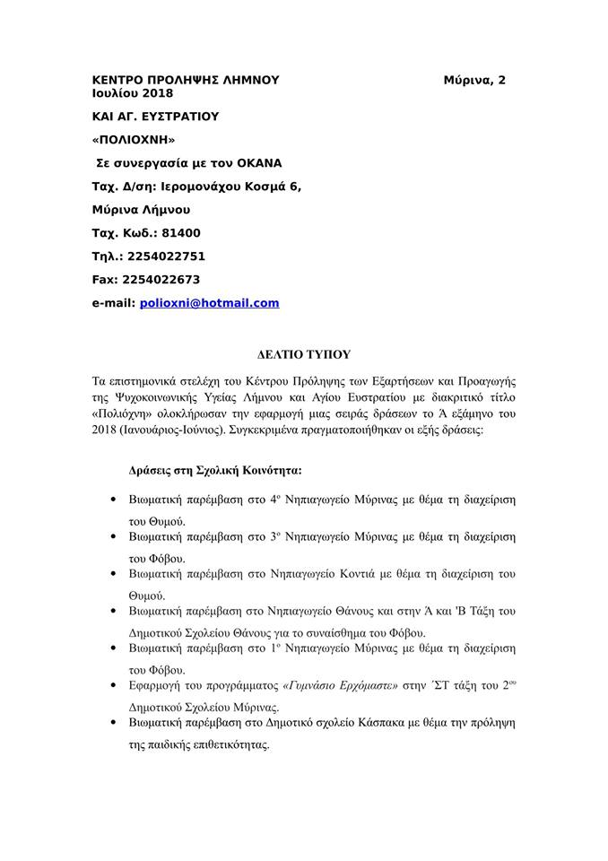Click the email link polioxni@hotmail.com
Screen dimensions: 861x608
[209, 303]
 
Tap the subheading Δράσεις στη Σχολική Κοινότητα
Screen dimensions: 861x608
[214, 470]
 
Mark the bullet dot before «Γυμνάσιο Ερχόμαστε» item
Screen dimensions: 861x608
[112, 686]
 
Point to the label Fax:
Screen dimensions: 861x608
[107, 280]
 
